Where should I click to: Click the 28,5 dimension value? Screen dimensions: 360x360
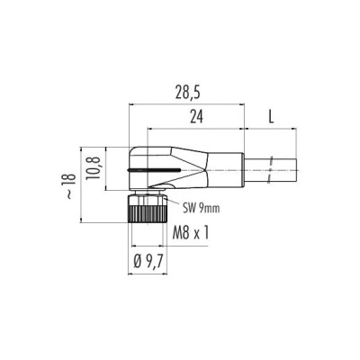tap(188, 94)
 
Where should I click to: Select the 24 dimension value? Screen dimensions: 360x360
tap(196, 117)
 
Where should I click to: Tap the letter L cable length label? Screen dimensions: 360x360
tap(271, 117)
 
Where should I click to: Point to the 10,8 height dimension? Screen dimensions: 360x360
tap(94, 168)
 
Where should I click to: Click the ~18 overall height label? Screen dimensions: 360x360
tap(70, 186)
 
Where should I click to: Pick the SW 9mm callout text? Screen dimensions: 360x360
tap(202, 208)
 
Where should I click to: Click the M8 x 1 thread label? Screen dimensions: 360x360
tap(191, 233)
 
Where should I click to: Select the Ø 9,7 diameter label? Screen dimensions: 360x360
tap(148, 263)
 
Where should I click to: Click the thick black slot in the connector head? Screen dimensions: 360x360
tap(154, 170)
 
